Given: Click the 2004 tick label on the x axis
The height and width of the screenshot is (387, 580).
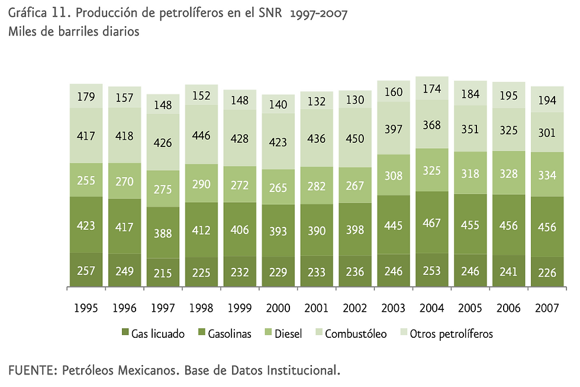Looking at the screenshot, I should click(x=432, y=309).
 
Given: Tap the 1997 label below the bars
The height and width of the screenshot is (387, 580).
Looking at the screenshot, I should click(x=163, y=309).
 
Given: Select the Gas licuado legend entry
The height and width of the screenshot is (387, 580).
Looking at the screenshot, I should click(x=153, y=334).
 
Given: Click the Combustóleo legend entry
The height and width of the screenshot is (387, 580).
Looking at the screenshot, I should click(x=353, y=334).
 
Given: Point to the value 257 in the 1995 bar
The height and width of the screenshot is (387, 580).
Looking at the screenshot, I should click(x=86, y=271).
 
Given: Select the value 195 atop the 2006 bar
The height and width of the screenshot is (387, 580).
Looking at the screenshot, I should click(x=509, y=95).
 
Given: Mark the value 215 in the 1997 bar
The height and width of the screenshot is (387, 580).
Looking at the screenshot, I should click(x=163, y=273).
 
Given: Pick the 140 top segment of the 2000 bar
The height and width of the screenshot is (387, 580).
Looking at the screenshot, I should click(x=278, y=104).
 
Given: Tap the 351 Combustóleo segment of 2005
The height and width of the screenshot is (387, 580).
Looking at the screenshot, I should click(x=471, y=129).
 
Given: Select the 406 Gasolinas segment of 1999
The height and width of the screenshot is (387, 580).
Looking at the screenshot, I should click(x=240, y=229).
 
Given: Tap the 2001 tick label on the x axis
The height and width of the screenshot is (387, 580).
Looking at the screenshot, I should click(x=317, y=309).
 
